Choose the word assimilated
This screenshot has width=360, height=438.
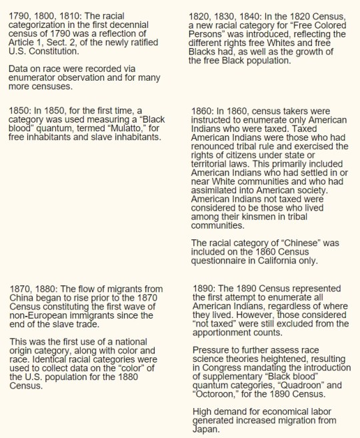click(x=218, y=189)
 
